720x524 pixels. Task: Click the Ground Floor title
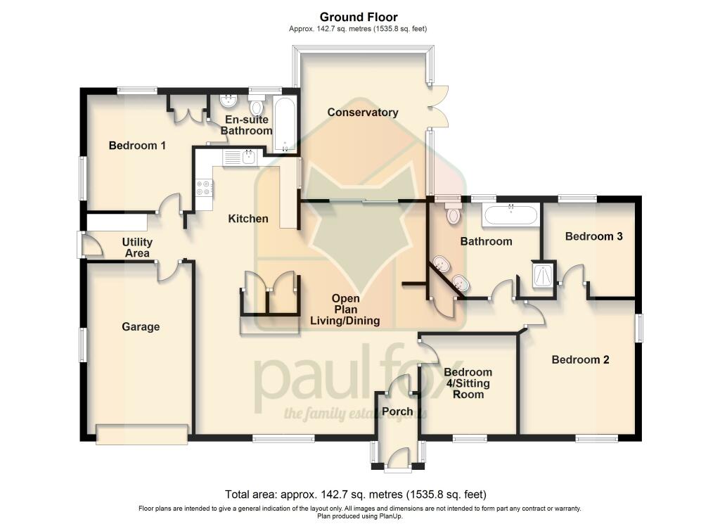coord(359,17)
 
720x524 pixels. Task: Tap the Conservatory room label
coord(363,113)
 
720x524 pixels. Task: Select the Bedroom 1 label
coord(137,146)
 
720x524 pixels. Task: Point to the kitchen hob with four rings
coord(204,188)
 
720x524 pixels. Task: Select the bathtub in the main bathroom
coord(510,215)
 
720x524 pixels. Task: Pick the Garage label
coord(141,326)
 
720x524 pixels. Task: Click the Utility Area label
coord(138,248)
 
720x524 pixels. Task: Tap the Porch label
coord(397,411)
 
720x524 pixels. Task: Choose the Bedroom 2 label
coord(580,359)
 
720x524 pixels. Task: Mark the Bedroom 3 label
coord(594,236)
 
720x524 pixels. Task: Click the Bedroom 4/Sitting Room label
coord(468,383)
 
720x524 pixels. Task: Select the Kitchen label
coord(248,219)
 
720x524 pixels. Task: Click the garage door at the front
coord(142,434)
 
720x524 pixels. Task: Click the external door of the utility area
coord(89,245)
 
